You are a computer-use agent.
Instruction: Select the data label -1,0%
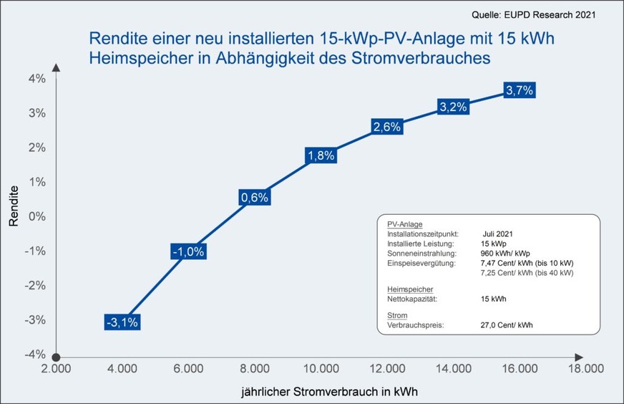click(188, 251)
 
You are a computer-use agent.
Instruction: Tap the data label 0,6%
click(254, 198)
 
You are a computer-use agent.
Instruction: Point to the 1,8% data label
click(320, 155)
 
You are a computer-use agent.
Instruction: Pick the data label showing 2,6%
click(387, 127)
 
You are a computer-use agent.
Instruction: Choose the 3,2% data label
click(452, 107)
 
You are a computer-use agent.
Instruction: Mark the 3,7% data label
click(519, 90)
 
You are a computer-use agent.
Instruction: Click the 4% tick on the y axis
click(36, 79)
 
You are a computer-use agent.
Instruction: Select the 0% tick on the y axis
click(36, 216)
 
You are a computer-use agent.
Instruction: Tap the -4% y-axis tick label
click(35, 354)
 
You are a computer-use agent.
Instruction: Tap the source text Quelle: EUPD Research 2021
click(533, 14)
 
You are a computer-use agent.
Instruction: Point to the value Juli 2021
click(497, 234)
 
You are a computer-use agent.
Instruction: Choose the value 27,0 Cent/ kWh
click(506, 324)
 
